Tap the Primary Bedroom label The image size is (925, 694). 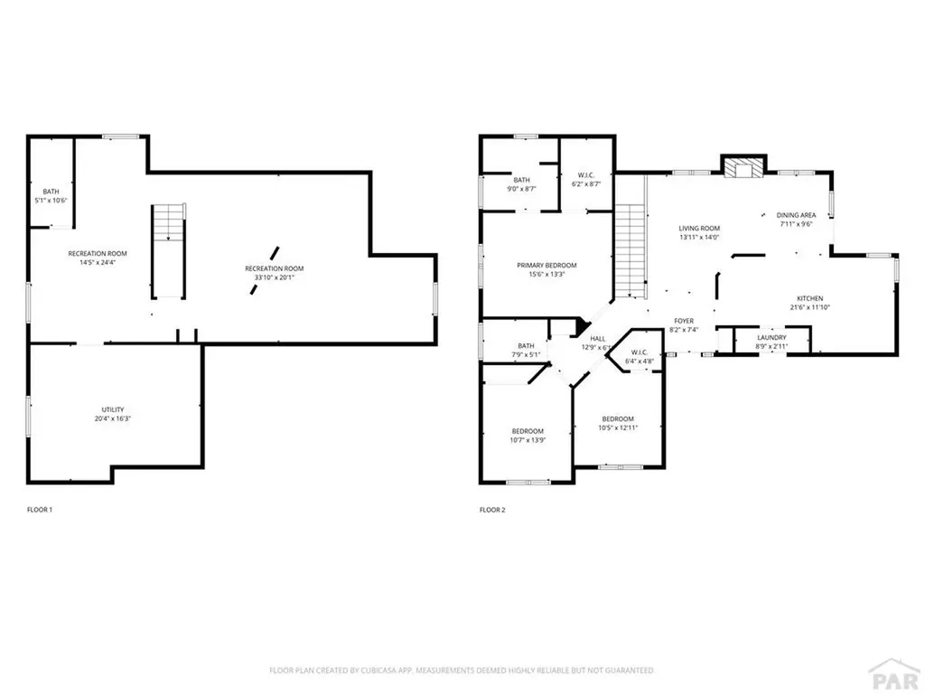[547, 265]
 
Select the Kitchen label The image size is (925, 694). [808, 298]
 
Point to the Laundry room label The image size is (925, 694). [771, 337]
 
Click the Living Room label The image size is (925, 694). [699, 228]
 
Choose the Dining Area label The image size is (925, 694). [796, 215]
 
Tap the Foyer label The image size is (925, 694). [683, 321]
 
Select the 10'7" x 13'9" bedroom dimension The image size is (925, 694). [528, 439]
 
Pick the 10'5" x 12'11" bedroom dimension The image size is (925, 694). [618, 427]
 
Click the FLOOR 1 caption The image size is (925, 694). [40, 511]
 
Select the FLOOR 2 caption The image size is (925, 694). [492, 511]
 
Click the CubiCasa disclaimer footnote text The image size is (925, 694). [462, 671]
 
